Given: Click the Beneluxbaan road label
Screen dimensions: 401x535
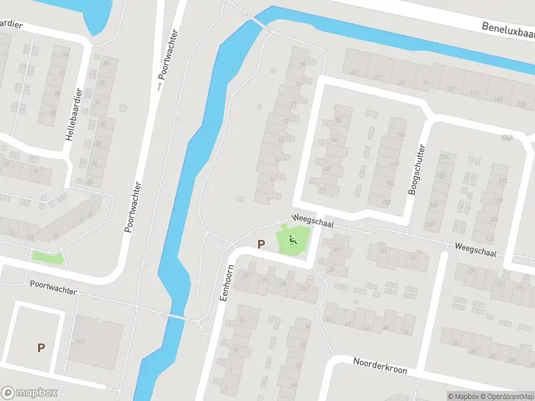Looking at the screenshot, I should click(x=508, y=29).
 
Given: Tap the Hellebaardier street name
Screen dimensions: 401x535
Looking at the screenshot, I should click(x=73, y=114).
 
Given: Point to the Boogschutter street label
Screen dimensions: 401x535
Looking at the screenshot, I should click(x=415, y=170).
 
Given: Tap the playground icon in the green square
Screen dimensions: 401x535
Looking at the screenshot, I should click(x=292, y=240).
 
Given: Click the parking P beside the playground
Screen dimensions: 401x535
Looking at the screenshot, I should click(x=260, y=245).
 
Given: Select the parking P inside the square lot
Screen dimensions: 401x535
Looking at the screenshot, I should click(x=41, y=348).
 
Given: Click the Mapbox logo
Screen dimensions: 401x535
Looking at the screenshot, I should click(x=29, y=393).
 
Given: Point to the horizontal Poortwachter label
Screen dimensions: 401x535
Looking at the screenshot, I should click(x=53, y=287).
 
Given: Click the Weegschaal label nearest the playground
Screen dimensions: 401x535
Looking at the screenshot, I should click(x=312, y=220).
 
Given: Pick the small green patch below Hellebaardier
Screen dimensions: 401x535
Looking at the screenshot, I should click(x=47, y=256).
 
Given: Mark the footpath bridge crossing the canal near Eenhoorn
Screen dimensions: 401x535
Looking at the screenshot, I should click(x=177, y=317).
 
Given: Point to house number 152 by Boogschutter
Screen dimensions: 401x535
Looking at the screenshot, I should click(x=386, y=203).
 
